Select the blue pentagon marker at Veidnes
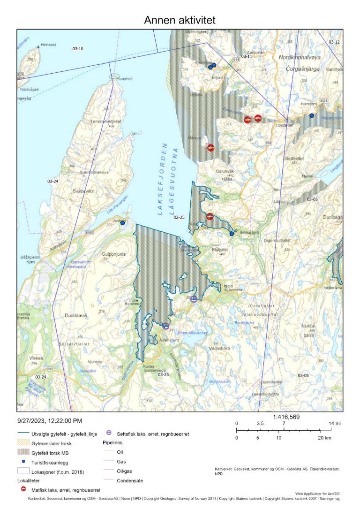pos(123,222)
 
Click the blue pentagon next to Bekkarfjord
pos(232,233)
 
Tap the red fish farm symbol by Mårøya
pos(211,147)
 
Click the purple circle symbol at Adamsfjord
pos(165,326)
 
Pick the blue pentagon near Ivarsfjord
pos(312,115)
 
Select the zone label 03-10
pos(77,49)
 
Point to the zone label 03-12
pos(334,42)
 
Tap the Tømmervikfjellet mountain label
pos(105,121)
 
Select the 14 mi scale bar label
pos(331,423)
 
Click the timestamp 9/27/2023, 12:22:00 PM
pos(51,421)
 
